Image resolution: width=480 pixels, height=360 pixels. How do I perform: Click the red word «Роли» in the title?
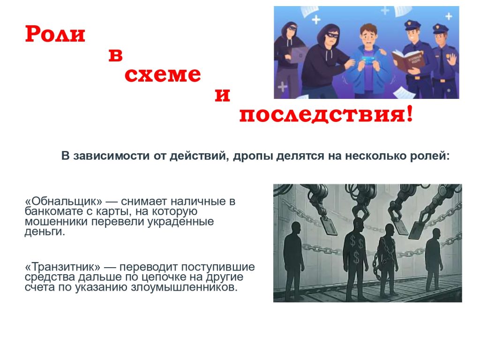coord(55,34)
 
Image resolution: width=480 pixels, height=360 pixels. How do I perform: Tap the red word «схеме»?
coord(163,75)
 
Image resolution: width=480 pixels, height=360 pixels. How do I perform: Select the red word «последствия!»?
coord(326,114)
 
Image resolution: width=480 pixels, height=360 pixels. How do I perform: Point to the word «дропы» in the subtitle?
coord(253,156)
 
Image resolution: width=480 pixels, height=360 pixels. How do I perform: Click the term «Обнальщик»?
coord(63,202)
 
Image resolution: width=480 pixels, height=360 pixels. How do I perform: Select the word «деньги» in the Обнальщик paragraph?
coord(45,232)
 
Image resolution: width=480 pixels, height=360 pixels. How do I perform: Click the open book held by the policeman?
coord(409,60)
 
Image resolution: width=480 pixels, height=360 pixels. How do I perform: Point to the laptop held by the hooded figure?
coord(298,55)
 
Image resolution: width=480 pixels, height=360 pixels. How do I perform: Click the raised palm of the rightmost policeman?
coord(451,59)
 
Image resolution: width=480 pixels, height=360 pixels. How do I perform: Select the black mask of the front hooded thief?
coord(331,35)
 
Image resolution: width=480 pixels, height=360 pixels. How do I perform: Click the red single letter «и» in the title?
coord(222,95)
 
